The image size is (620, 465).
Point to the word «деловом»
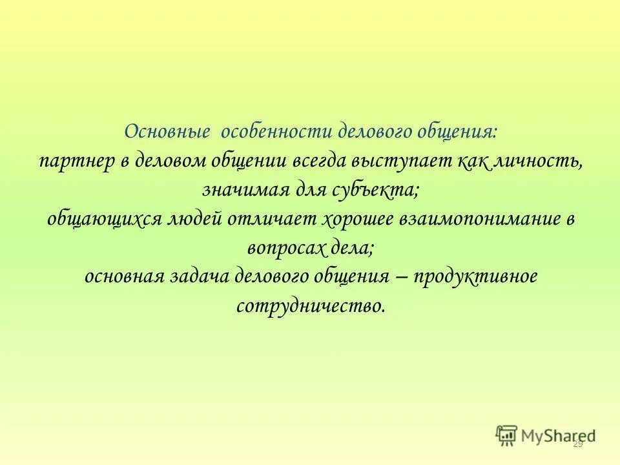[x=169, y=161]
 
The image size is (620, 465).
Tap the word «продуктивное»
[x=475, y=276]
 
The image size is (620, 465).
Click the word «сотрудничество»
[x=311, y=304]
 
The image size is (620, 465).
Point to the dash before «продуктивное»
[x=400, y=276]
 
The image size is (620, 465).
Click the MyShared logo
[x=546, y=435]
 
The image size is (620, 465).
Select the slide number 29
[x=577, y=444]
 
